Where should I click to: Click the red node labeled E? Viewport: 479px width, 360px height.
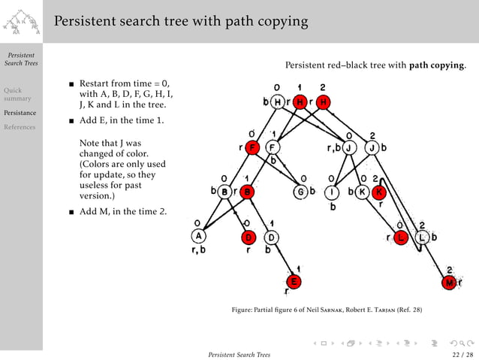coord(295,281)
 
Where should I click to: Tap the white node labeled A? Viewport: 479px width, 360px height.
coord(197,236)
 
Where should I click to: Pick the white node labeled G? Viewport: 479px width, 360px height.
coord(300,192)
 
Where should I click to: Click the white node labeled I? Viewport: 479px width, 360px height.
coord(332,192)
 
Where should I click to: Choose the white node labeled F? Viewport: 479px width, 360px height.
coord(273,147)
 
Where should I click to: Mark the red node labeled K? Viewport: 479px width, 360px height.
coord(378,192)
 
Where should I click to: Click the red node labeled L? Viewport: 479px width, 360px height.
coord(402,237)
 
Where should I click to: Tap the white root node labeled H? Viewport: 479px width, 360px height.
coord(279,101)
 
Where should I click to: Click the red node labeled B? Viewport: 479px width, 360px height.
coord(248,192)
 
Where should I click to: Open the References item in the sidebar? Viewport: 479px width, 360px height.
coord(20,127)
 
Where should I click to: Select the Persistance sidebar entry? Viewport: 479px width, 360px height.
coord(20,113)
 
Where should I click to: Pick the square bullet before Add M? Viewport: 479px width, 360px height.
coord(71,212)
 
